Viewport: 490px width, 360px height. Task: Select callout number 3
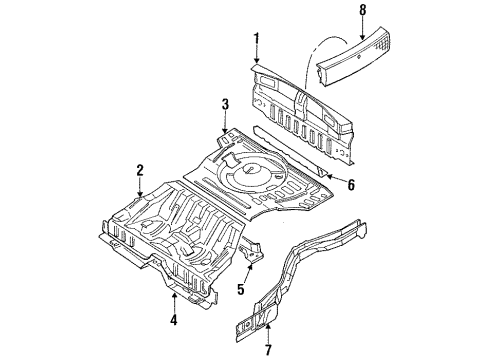pyautogui.click(x=226, y=103)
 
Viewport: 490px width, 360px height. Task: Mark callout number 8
pyautogui.click(x=362, y=13)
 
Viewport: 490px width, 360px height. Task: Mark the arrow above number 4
pyautogui.click(x=176, y=300)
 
